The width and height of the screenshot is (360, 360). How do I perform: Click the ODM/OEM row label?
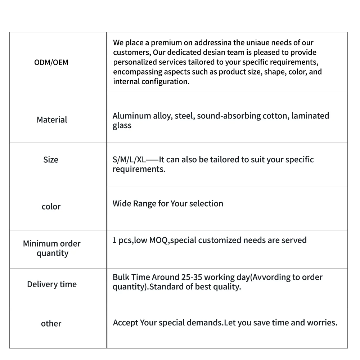click(x=51, y=62)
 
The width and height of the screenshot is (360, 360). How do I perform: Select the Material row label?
click(x=52, y=120)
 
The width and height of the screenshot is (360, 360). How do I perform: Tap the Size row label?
click(x=51, y=159)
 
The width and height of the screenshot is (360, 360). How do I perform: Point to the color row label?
click(x=51, y=207)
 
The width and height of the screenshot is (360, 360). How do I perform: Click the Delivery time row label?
click(x=52, y=284)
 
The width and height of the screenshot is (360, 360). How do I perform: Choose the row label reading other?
click(x=51, y=323)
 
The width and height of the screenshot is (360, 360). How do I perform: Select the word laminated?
click(x=310, y=116)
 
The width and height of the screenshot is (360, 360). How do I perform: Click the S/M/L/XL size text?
click(x=129, y=159)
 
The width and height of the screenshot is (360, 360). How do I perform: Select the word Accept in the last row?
click(x=125, y=323)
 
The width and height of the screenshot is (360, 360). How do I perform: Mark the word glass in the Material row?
click(x=122, y=126)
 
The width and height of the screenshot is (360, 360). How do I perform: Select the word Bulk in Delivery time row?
click(x=121, y=277)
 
